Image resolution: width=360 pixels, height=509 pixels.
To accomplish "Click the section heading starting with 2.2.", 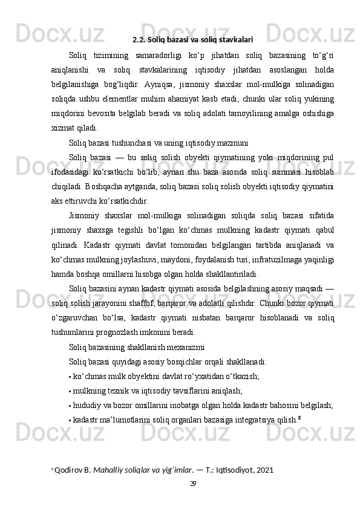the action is (192, 41).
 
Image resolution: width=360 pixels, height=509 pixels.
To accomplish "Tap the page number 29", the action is (193, 484).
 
